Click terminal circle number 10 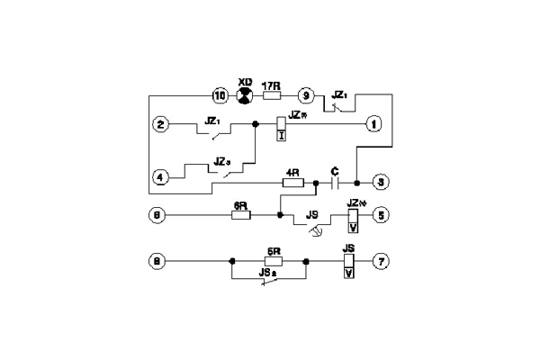(x=217, y=94)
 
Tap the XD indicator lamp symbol (x=243, y=94)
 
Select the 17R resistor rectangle (x=271, y=94)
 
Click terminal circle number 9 (x=306, y=94)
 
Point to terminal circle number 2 (x=159, y=124)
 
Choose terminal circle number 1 (x=372, y=124)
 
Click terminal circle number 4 (x=159, y=176)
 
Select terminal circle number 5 (x=382, y=216)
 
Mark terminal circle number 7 (x=382, y=262)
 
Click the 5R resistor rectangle (x=271, y=262)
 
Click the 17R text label (x=270, y=83)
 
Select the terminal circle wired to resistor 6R (x=159, y=216)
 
